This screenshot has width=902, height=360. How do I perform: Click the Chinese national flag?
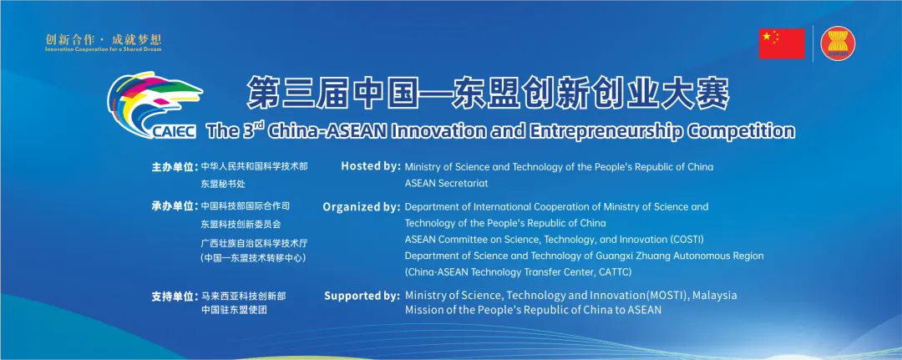781,43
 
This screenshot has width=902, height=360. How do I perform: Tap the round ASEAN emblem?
838,43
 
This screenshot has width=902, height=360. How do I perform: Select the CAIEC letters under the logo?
175,132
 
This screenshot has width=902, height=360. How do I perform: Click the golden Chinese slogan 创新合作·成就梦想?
104,40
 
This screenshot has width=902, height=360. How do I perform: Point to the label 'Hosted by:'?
371,166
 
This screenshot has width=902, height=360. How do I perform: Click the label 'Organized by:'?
361,207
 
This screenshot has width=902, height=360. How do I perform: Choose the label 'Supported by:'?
362,297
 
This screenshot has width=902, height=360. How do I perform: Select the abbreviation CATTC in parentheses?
616,271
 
